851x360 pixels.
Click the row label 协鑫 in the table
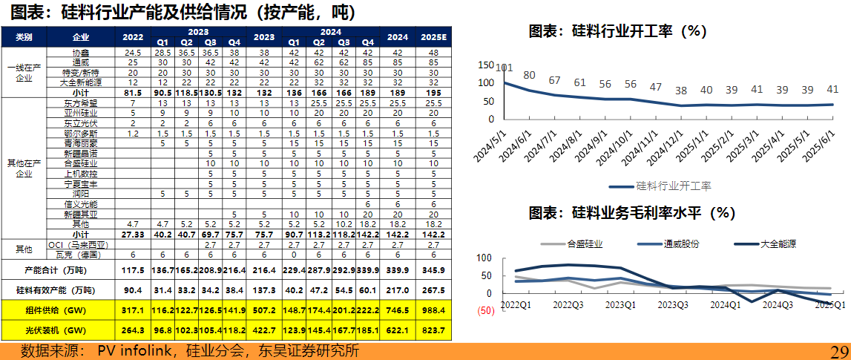[x=81, y=53]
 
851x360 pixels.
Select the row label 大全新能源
[x=81, y=82]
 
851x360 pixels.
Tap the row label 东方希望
[x=81, y=103]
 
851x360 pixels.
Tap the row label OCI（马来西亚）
[x=81, y=243]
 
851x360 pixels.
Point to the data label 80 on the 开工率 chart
[x=529, y=75]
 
